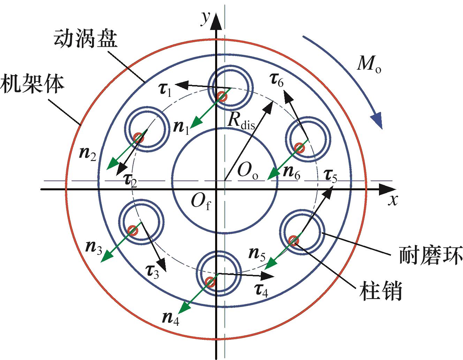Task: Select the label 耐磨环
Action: coord(430,255)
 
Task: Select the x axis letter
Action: coord(394,200)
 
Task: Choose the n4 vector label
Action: coord(171,317)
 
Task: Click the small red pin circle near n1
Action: coord(221,95)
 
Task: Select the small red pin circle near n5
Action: coord(293,240)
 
